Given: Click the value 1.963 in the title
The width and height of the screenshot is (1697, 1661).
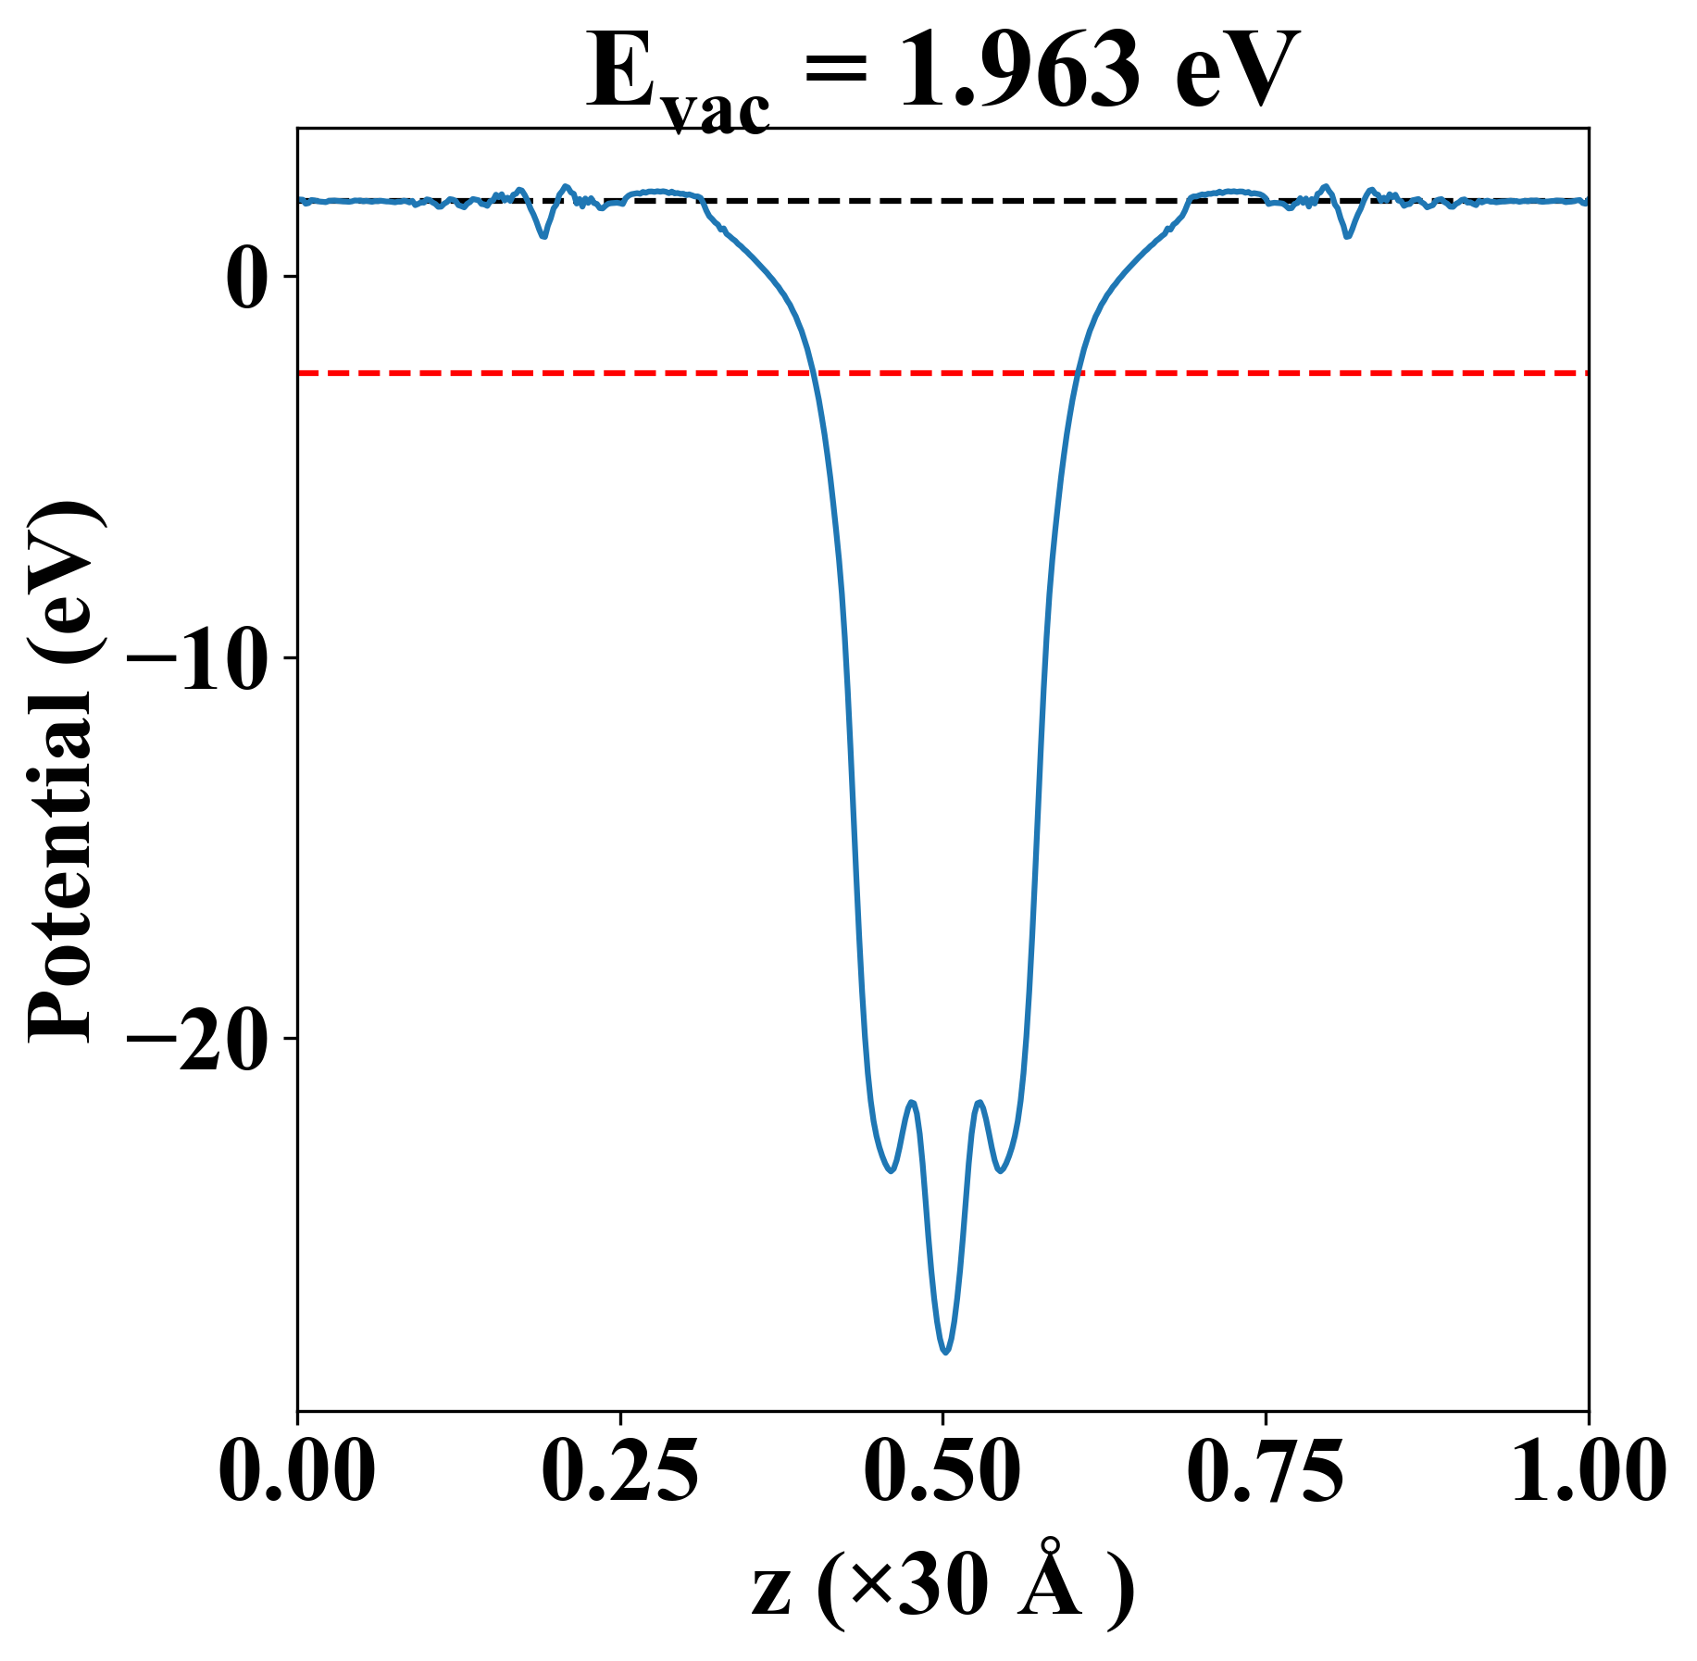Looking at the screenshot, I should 1019,72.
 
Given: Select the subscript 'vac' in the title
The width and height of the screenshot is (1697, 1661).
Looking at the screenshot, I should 718,113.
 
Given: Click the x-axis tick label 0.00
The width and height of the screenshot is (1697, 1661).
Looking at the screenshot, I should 297,1472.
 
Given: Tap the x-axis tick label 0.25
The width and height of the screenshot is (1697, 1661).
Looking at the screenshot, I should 619,1472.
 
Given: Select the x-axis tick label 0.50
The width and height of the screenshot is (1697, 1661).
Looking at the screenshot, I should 942,1472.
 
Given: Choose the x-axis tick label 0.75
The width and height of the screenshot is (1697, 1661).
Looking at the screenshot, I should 1265,1472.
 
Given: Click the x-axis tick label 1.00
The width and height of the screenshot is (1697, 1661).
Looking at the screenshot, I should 1587,1472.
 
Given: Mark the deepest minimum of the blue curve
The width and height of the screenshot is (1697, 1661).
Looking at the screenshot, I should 945,1353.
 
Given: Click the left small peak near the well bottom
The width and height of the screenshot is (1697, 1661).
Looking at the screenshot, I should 913,1103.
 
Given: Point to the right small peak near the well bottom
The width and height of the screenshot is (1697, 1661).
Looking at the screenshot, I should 979,1103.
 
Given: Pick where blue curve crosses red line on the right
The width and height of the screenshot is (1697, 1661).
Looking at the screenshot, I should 1076,373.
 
